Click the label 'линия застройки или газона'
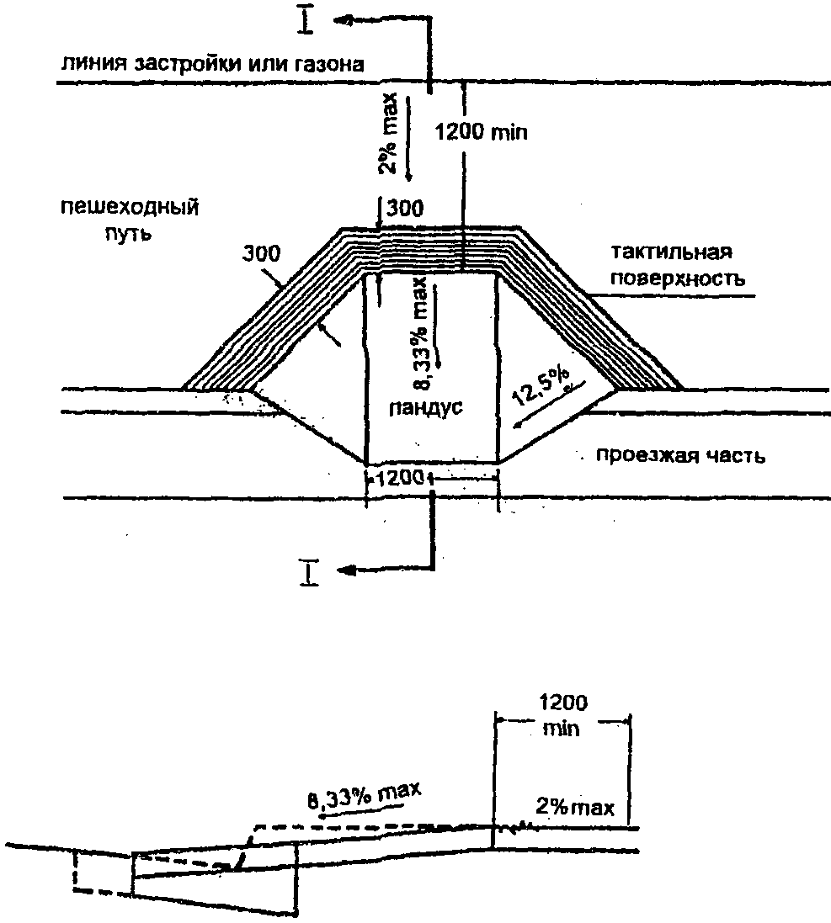coord(211,65)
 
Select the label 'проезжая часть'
coord(680,457)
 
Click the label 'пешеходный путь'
coord(130,219)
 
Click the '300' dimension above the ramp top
coord(408,208)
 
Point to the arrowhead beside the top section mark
coord(344,18)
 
